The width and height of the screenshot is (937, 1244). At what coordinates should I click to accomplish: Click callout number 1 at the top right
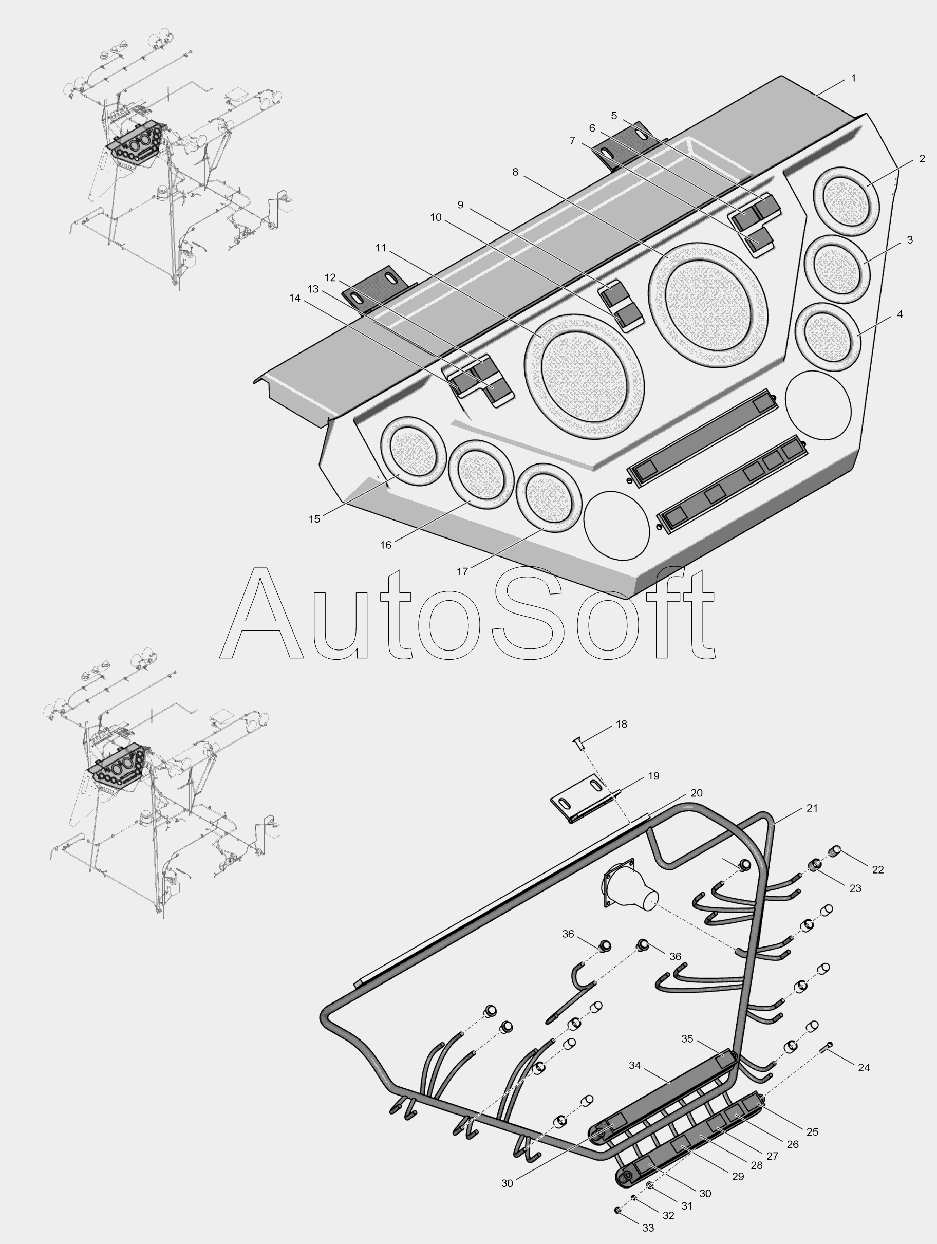(x=853, y=78)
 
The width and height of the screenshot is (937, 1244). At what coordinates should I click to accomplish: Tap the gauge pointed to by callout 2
(x=846, y=201)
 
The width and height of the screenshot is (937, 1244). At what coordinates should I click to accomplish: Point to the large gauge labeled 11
(x=584, y=377)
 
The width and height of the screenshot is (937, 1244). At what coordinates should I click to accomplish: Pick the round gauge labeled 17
(x=548, y=498)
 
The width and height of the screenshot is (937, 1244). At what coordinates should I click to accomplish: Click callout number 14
(x=294, y=298)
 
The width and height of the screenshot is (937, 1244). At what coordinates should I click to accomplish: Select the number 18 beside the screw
(x=621, y=724)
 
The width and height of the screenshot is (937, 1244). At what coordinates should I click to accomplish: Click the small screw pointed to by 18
(x=577, y=744)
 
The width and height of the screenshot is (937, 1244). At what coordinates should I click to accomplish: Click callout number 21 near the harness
(x=812, y=808)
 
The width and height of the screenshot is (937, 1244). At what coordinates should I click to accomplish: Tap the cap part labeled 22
(x=836, y=850)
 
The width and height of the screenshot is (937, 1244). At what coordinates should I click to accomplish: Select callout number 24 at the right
(x=864, y=1067)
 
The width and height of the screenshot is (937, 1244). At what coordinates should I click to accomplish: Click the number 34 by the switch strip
(x=634, y=1066)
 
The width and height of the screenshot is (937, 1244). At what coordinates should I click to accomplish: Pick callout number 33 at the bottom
(x=648, y=1228)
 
